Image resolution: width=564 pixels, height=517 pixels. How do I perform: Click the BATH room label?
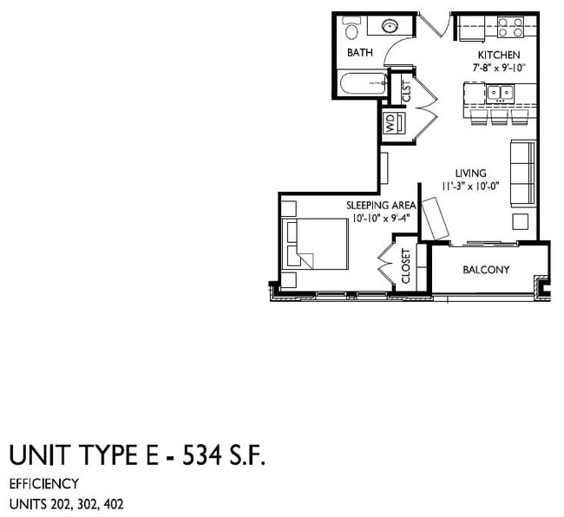point(359,53)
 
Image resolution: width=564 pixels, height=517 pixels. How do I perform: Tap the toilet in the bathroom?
point(351,30)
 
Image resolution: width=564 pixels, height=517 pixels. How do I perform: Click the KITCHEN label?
point(500,55)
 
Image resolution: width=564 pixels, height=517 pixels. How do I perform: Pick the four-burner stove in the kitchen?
point(510,27)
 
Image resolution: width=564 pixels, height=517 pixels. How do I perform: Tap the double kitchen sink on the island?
point(499,91)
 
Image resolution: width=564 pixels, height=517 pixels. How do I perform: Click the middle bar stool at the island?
point(500,117)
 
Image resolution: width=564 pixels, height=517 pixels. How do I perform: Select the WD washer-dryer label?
point(390,123)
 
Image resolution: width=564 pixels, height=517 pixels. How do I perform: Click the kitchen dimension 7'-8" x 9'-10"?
point(500,67)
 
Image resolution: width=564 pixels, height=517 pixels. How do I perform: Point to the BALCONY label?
point(486,270)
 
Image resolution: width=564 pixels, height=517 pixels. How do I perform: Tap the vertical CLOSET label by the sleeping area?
point(405,267)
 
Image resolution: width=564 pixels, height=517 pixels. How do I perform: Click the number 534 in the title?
point(206,455)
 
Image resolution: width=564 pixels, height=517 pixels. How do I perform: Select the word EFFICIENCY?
point(44,483)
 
